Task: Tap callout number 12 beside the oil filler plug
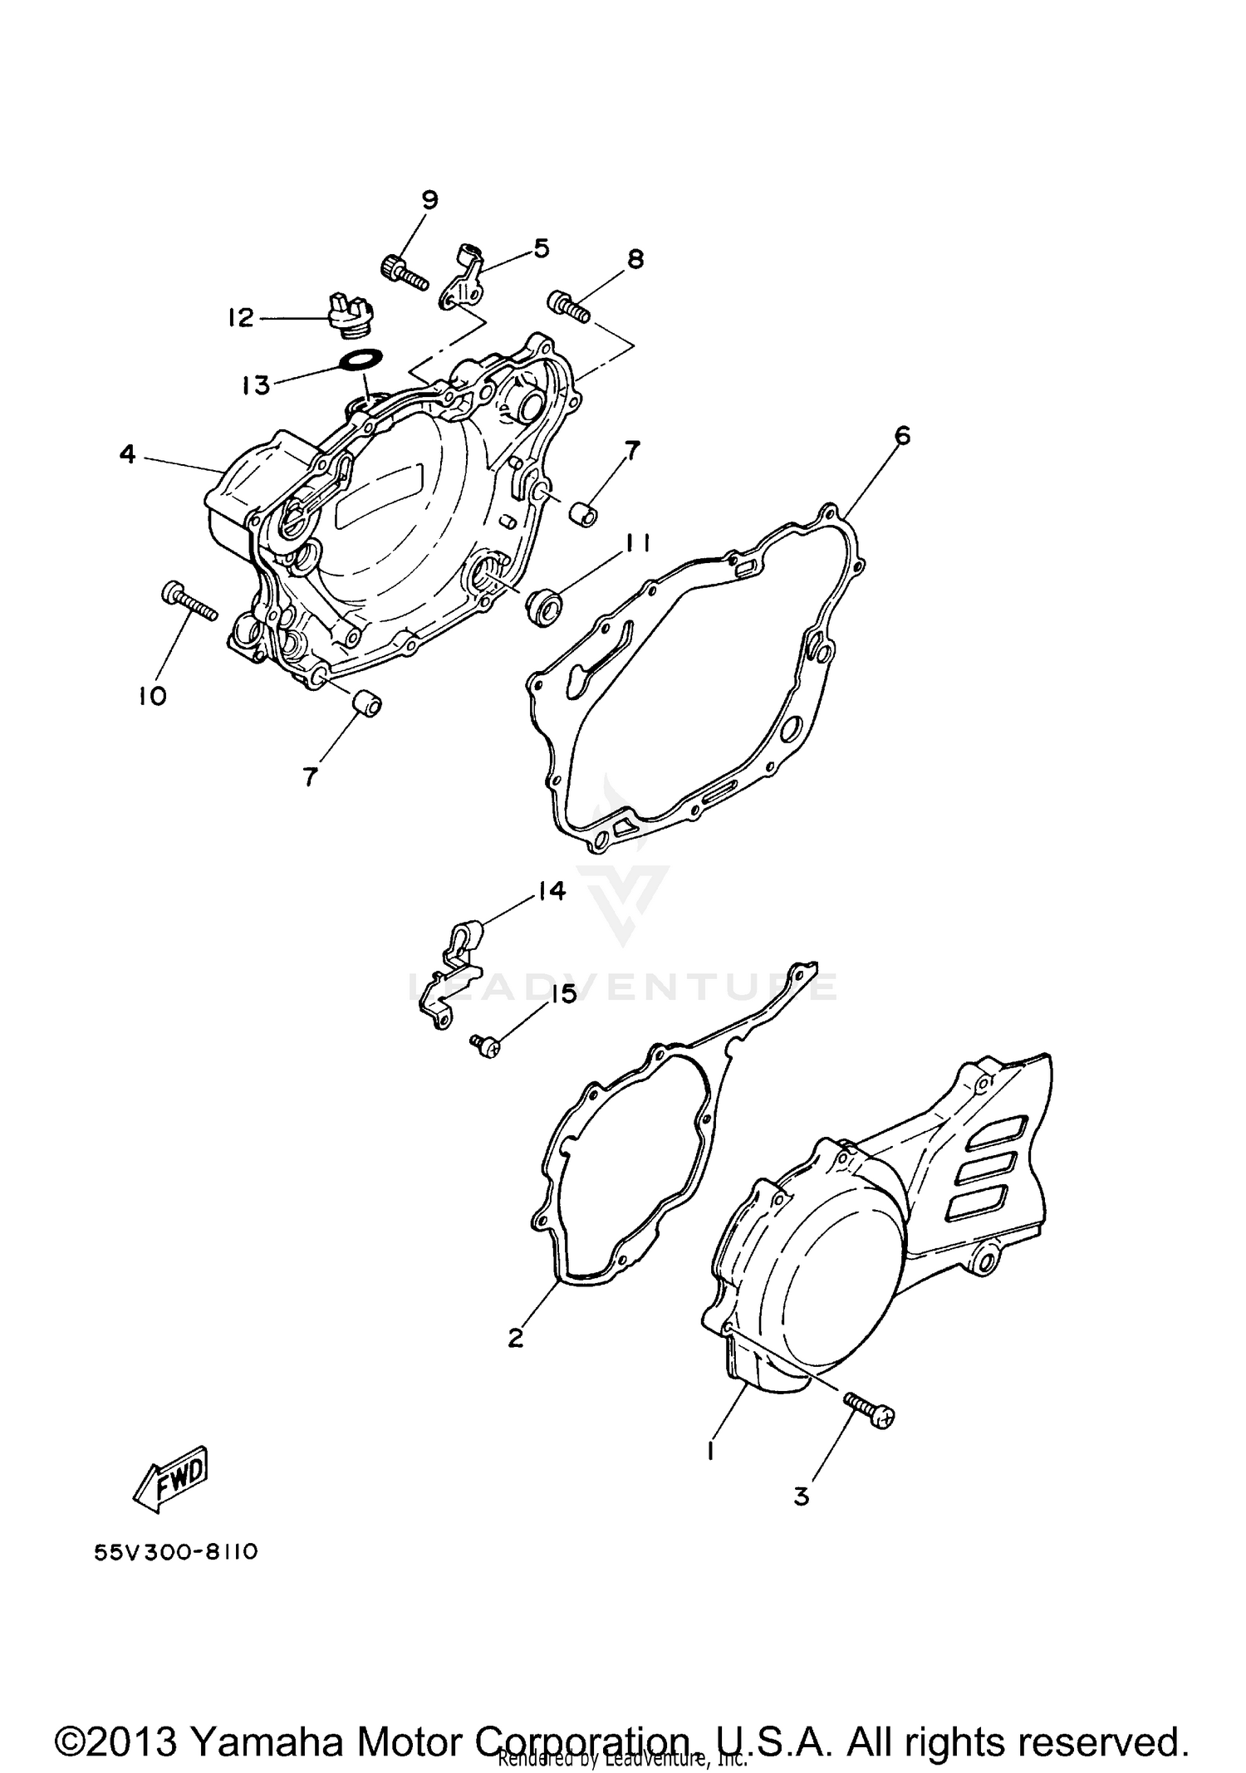(x=240, y=317)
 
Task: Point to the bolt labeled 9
(x=402, y=273)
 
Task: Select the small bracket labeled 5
(x=463, y=279)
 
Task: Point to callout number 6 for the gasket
(x=902, y=435)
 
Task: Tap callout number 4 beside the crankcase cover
(x=127, y=454)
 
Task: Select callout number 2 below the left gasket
(x=515, y=1338)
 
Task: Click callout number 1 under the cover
(x=710, y=1451)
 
